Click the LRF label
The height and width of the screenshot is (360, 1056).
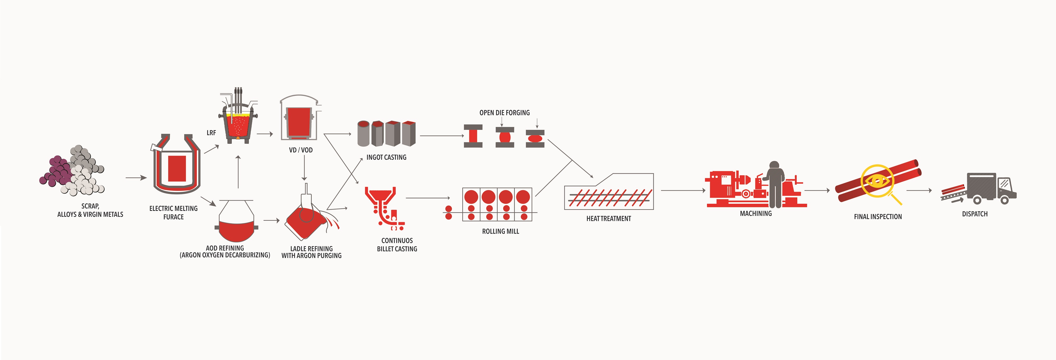point(211,133)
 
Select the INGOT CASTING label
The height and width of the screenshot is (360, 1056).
point(386,157)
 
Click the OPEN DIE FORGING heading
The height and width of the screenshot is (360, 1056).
point(504,113)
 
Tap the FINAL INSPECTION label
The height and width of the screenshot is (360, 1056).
point(878,216)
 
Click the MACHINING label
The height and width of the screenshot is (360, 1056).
point(756,214)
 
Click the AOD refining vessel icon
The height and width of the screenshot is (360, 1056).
point(236,221)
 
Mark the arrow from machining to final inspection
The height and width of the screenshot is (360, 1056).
point(817,190)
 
